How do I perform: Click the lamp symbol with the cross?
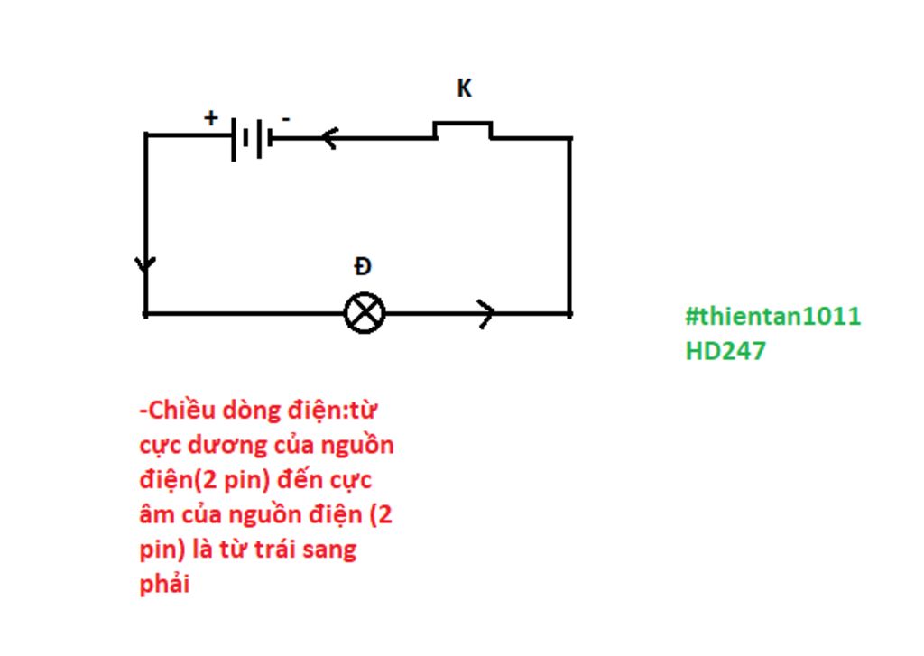pyautogui.click(x=365, y=313)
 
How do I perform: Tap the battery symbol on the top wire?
pyautogui.click(x=252, y=139)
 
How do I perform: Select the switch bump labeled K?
pyautogui.click(x=463, y=129)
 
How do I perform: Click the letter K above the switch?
pyautogui.click(x=464, y=88)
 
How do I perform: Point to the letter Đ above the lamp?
pyautogui.click(x=363, y=266)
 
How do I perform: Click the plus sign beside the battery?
pyautogui.click(x=211, y=117)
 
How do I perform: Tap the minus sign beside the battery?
pyautogui.click(x=286, y=118)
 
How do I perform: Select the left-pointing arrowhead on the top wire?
pyautogui.click(x=328, y=138)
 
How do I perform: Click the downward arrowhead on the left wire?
pyautogui.click(x=145, y=265)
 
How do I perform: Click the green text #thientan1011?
pyautogui.click(x=772, y=317)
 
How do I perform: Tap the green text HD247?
pyautogui.click(x=725, y=350)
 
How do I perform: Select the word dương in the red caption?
pyautogui.click(x=235, y=446)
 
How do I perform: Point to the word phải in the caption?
pyautogui.click(x=165, y=584)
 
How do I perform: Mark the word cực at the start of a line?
pyautogui.click(x=158, y=446)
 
